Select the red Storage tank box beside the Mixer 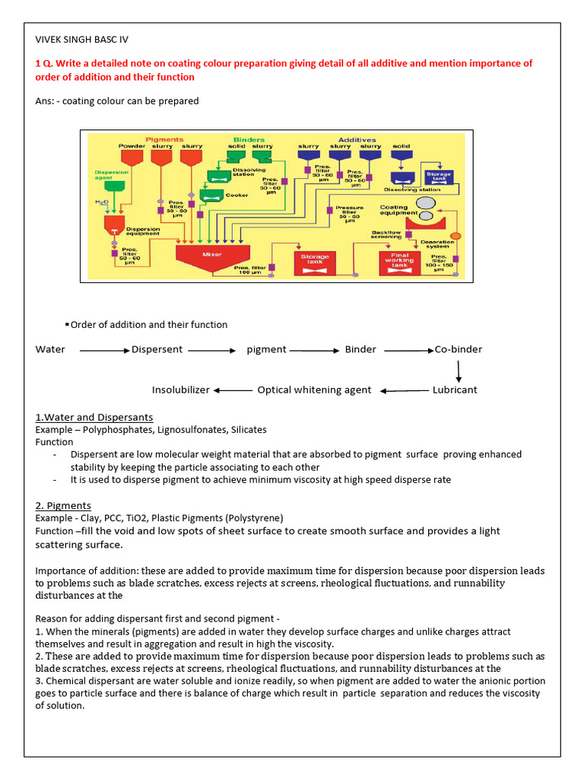pyautogui.click(x=315, y=261)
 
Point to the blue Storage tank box pyautogui.click(x=438, y=177)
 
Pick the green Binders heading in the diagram pyautogui.click(x=249, y=139)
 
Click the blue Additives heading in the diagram pyautogui.click(x=357, y=139)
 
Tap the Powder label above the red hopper pyautogui.click(x=131, y=146)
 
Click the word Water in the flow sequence pyautogui.click(x=50, y=349)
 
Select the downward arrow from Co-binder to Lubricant pyautogui.click(x=459, y=370)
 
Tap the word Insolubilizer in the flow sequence pyautogui.click(x=180, y=389)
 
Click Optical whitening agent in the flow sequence pyautogui.click(x=314, y=389)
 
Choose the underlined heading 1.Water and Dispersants pyautogui.click(x=94, y=417)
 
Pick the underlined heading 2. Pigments pyautogui.click(x=63, y=505)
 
